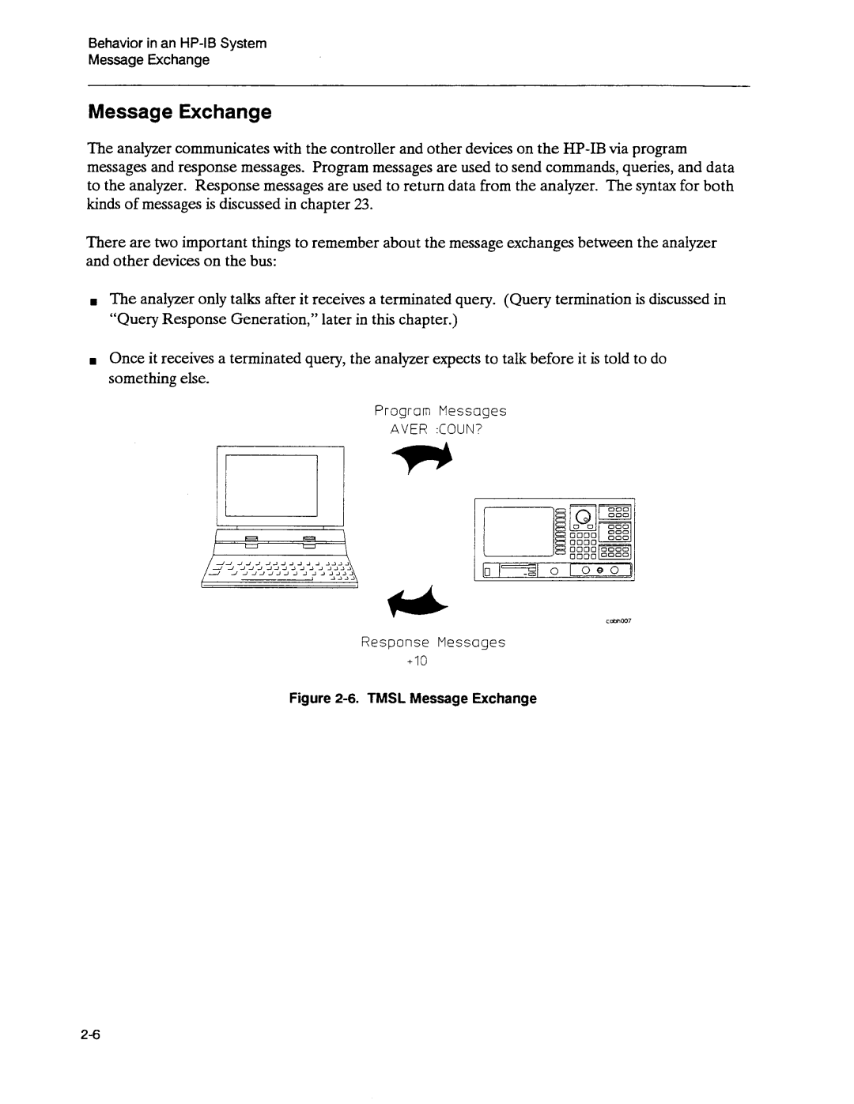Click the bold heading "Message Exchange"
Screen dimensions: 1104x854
[x=179, y=112]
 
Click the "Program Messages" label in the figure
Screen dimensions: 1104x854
[x=440, y=411]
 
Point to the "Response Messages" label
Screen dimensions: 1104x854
[x=433, y=642]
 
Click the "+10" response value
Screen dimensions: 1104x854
[x=417, y=661]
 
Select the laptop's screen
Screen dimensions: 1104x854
[x=271, y=484]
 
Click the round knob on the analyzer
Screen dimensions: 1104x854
[x=583, y=517]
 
